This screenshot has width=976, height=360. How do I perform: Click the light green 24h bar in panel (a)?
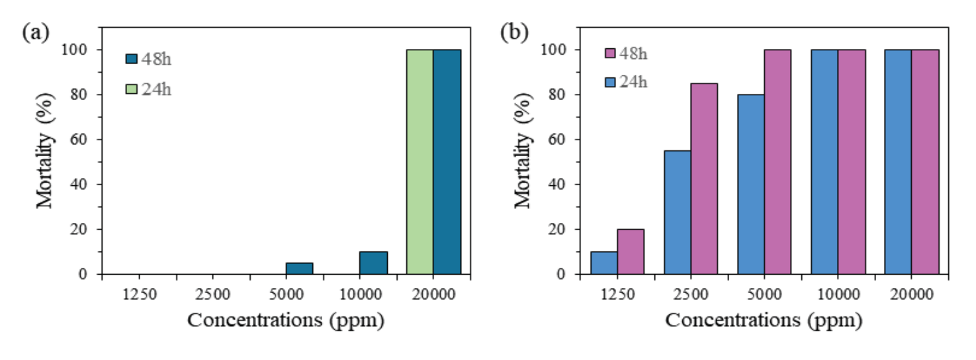420,161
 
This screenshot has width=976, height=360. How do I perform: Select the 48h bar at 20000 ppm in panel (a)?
447,161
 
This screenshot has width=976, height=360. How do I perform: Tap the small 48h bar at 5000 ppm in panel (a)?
299,268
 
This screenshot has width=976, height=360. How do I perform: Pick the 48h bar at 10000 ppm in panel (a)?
373,263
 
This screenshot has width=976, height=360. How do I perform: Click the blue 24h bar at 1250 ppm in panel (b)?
603,263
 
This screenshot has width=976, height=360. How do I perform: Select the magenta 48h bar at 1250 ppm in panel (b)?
631,251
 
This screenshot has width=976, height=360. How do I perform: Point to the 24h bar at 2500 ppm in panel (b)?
677,212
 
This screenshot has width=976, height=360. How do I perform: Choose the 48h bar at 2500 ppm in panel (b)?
704,178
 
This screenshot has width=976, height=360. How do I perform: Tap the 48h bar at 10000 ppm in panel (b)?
852,161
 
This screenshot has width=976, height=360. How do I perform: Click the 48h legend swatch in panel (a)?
131,59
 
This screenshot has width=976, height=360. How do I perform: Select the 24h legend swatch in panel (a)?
131,88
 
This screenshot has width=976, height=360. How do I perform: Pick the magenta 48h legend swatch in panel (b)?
610,53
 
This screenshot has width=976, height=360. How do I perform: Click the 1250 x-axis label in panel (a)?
140,294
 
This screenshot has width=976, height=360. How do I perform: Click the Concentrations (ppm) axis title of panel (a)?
286,320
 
